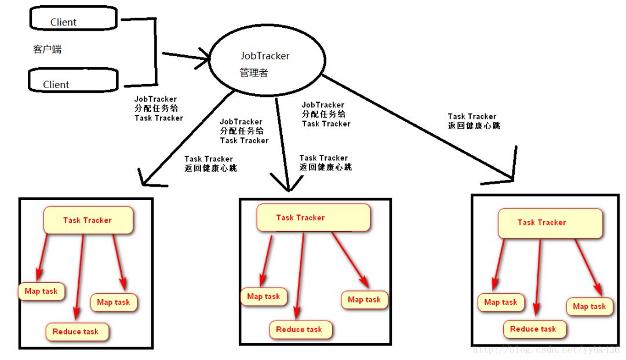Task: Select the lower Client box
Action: [x=73, y=81]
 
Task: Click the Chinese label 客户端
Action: [x=47, y=49]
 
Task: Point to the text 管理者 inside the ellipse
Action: [x=254, y=74]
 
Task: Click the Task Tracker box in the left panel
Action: [x=88, y=220]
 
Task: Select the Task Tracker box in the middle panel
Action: [x=313, y=218]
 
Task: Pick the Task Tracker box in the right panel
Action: [x=550, y=223]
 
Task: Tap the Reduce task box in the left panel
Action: [x=77, y=332]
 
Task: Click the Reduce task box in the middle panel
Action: [x=300, y=329]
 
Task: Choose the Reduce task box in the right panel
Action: [x=534, y=329]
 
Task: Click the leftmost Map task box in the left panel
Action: [x=41, y=291]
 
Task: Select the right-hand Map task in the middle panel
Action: [x=364, y=300]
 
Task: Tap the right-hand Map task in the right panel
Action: [x=589, y=307]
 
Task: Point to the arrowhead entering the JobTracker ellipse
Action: [x=206, y=59]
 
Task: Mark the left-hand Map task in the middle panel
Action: [x=264, y=297]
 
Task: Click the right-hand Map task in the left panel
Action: [x=114, y=302]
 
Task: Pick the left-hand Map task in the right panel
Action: [x=501, y=302]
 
